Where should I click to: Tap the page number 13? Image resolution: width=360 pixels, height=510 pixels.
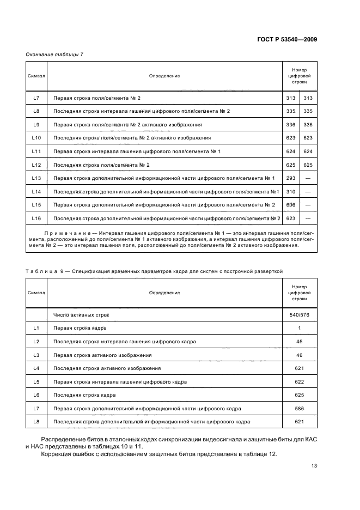(x=314, y=465)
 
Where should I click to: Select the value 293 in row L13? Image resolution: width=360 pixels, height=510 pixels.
(x=290, y=178)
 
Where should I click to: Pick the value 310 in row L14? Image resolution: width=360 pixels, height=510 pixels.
(x=290, y=192)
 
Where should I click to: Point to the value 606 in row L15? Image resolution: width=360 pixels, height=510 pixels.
(x=290, y=205)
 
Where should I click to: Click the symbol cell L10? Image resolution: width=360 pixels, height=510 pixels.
(x=36, y=138)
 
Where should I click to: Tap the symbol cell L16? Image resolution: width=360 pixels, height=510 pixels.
(x=36, y=218)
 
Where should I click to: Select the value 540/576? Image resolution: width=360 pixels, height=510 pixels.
(x=299, y=315)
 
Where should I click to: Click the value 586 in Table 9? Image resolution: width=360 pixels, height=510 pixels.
(x=299, y=408)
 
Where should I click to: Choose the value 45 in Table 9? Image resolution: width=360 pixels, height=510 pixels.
(x=299, y=342)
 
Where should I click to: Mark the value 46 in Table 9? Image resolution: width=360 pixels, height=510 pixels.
(x=299, y=355)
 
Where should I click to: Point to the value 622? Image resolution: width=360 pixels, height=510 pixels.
(x=299, y=381)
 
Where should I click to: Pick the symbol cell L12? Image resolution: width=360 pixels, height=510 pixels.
(x=36, y=165)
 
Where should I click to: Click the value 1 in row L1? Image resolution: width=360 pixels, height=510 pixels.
(x=299, y=328)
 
